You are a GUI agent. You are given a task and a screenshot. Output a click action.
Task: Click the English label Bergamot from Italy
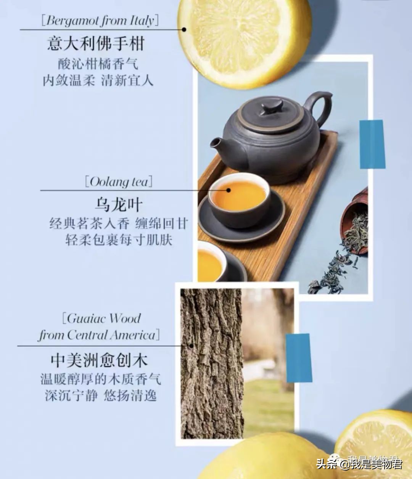click(x=100, y=20)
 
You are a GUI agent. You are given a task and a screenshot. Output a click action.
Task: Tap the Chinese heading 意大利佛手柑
click(x=96, y=43)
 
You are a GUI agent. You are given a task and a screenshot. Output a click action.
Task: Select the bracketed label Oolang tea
click(x=119, y=182)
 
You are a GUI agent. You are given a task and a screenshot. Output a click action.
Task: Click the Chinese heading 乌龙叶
click(x=119, y=205)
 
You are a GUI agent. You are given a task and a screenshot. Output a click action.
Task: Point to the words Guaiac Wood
click(x=103, y=318)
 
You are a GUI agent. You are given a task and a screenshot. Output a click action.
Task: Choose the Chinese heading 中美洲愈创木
click(x=99, y=360)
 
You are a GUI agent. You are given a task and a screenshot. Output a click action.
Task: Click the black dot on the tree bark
click(x=191, y=346)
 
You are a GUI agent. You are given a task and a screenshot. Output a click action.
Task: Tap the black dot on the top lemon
click(x=184, y=29)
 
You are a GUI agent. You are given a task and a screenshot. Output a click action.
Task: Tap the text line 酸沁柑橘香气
click(x=98, y=63)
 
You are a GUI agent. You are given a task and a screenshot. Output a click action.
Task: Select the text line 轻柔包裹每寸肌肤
click(x=119, y=240)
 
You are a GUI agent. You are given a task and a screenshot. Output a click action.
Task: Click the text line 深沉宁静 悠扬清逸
click(x=101, y=395)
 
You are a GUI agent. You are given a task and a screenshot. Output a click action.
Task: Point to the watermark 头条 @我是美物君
click(x=359, y=463)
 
